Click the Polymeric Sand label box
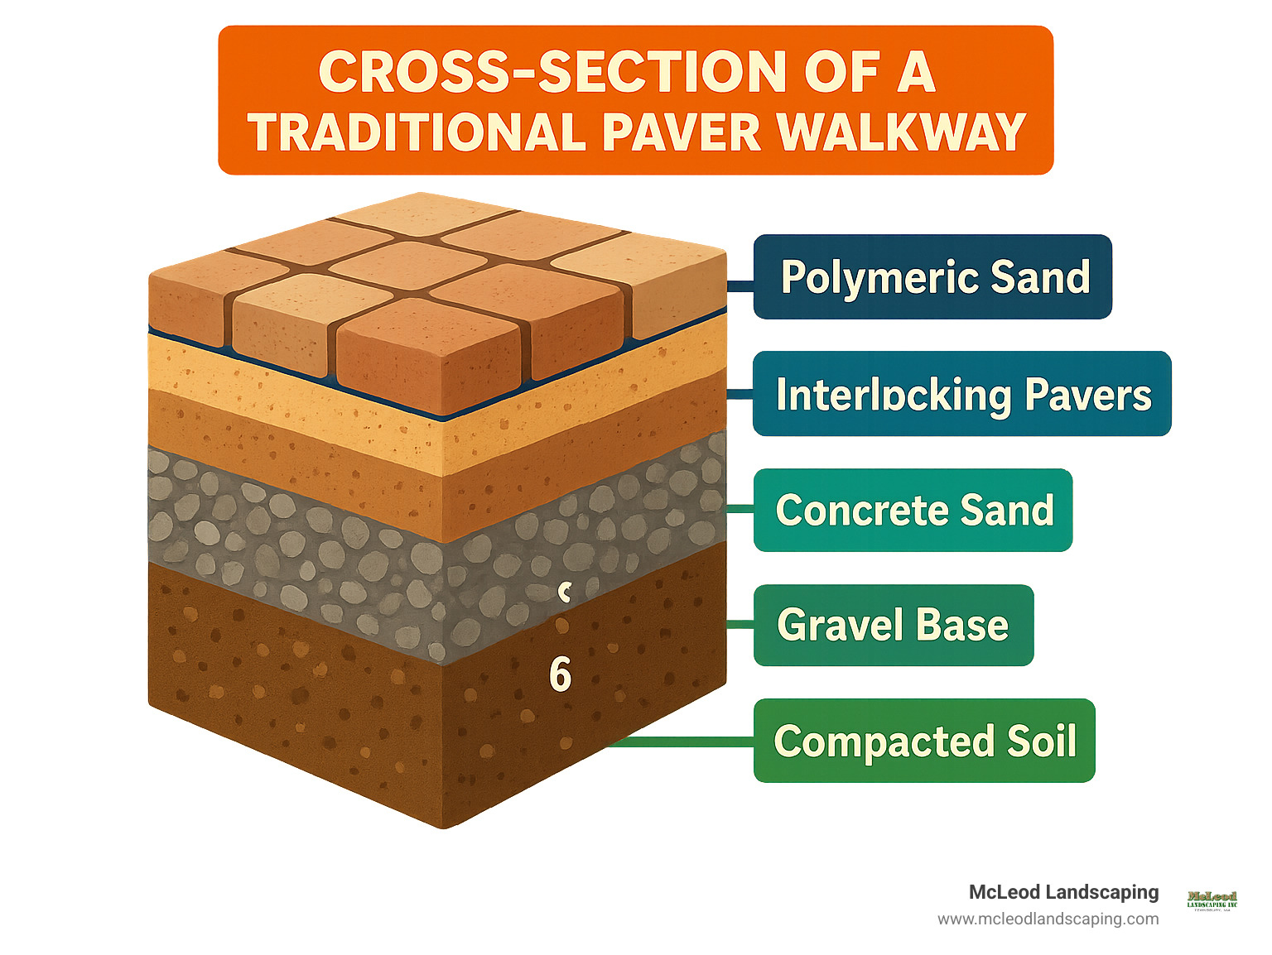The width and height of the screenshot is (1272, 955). pos(932,276)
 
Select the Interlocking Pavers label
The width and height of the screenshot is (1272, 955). pos(961,394)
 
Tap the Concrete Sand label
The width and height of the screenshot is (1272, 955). pos(913,510)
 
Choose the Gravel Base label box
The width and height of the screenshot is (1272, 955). pos(893,625)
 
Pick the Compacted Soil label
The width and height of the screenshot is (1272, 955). pos(923,741)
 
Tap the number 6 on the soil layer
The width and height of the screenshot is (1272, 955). pos(561,675)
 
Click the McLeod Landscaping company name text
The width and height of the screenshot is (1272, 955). pos(1063,892)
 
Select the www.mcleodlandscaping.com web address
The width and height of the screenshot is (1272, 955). pos(1048,919)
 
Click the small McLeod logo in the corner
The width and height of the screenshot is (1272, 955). pos(1212,900)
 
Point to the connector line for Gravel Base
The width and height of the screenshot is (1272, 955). pos(740,625)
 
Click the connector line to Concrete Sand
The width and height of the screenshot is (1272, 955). pos(740,508)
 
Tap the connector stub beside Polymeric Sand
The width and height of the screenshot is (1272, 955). pos(740,286)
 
